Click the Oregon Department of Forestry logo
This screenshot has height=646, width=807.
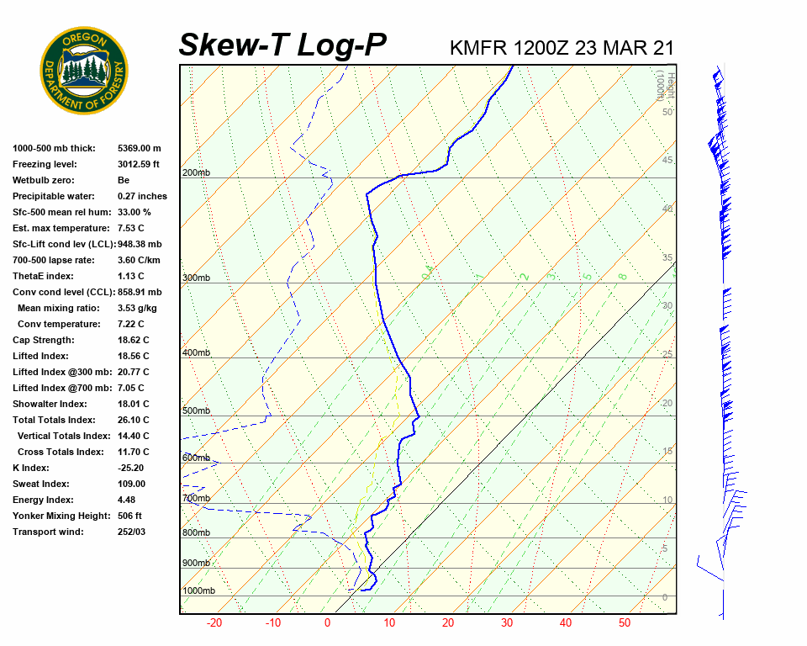[84, 70]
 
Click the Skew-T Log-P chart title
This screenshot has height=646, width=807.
[282, 45]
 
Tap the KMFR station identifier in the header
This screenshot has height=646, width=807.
[477, 48]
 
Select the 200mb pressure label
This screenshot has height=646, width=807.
[196, 173]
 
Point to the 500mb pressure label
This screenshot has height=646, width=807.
[196, 411]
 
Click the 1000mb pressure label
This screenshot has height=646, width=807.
[198, 591]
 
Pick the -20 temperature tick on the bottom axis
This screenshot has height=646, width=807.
[214, 623]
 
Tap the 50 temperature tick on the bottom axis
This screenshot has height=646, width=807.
[625, 623]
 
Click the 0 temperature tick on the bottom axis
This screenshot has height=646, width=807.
[327, 623]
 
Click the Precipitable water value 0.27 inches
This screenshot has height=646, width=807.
[142, 196]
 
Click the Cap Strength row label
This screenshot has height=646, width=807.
[44, 340]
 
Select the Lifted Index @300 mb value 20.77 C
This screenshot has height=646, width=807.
[133, 372]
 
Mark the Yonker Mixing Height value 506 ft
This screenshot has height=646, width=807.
[129, 516]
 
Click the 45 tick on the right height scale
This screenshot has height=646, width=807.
[667, 161]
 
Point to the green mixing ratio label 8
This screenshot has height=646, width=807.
[623, 275]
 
